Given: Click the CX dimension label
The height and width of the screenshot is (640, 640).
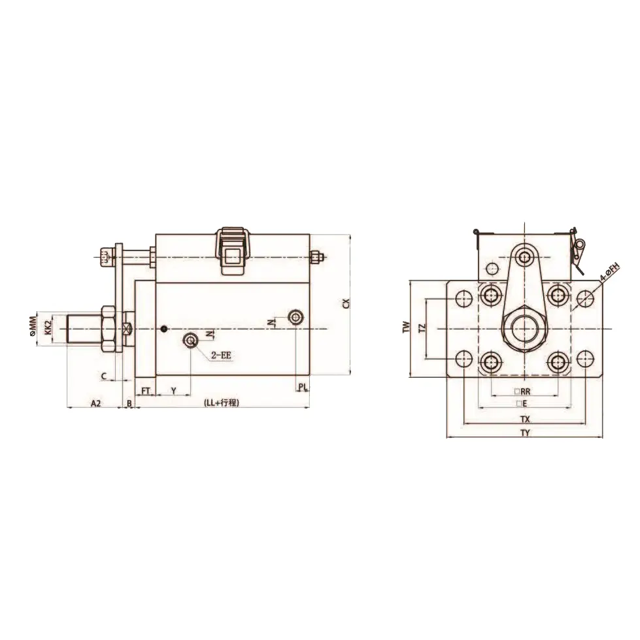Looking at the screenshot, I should click(x=346, y=303).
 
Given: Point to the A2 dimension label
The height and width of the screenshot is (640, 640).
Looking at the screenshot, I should click(x=95, y=403).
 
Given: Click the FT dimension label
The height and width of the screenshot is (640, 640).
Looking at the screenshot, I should click(x=146, y=390).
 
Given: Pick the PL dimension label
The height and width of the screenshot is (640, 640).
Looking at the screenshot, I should click(x=302, y=387).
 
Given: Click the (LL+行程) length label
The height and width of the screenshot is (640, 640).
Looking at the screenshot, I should click(x=222, y=403).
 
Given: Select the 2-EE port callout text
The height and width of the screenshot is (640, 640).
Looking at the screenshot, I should click(x=221, y=356).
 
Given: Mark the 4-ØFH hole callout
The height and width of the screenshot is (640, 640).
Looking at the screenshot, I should click(x=609, y=271).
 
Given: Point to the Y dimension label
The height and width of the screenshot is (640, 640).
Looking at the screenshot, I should click(x=173, y=390).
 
